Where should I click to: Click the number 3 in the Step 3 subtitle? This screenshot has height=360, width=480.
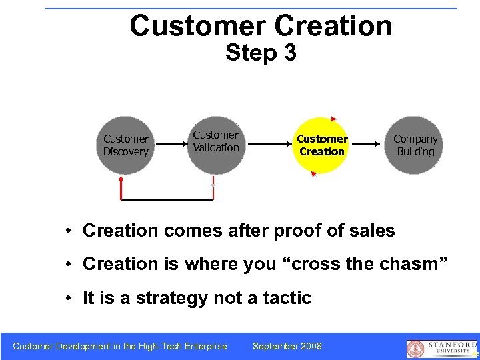(289, 53)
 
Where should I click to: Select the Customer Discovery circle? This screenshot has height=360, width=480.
(125, 145)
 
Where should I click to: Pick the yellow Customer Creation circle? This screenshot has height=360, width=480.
(322, 145)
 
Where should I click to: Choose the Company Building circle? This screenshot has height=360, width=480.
(415, 145)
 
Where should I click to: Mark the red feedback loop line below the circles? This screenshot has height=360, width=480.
(167, 199)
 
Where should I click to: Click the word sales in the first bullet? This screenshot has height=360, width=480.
(370, 231)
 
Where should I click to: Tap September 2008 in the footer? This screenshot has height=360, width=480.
(287, 346)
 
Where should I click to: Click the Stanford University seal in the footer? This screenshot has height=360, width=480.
(415, 348)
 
